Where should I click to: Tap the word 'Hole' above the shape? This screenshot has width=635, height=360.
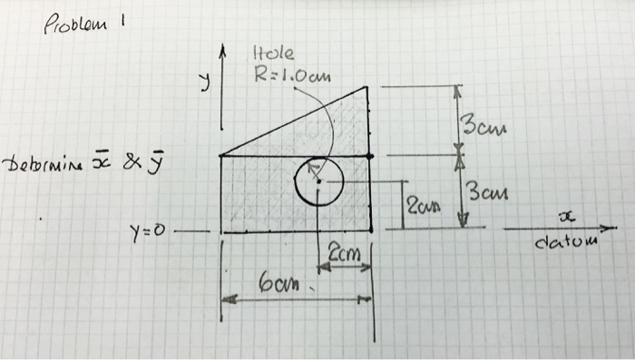(269, 55)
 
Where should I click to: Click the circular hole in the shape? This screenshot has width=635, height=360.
(318, 181)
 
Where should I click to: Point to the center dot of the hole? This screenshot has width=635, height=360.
(318, 181)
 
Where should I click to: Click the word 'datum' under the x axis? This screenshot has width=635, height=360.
(567, 244)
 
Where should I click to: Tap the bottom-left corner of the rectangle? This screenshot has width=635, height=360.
(221, 232)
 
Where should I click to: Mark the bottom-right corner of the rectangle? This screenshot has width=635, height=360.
(372, 232)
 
